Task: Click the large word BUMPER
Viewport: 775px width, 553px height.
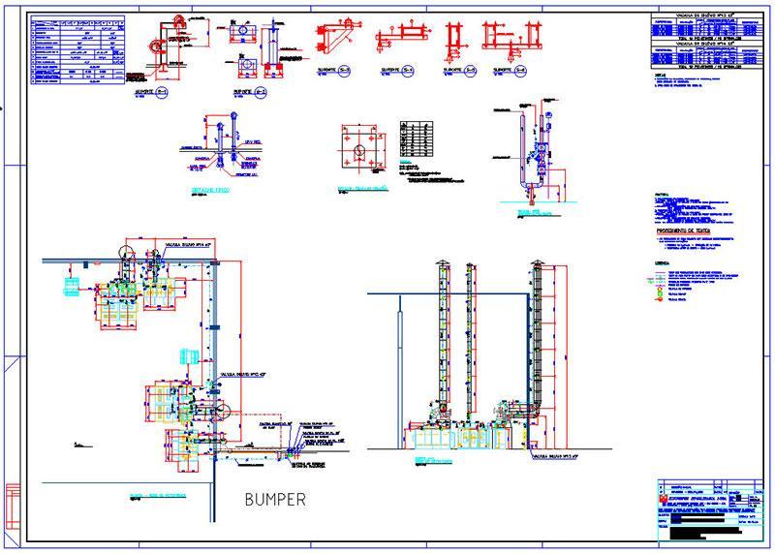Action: tap(274, 500)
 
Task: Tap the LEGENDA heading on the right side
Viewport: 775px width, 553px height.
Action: tap(664, 262)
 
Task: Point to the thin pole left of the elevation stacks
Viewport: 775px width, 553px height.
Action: tap(402, 368)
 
